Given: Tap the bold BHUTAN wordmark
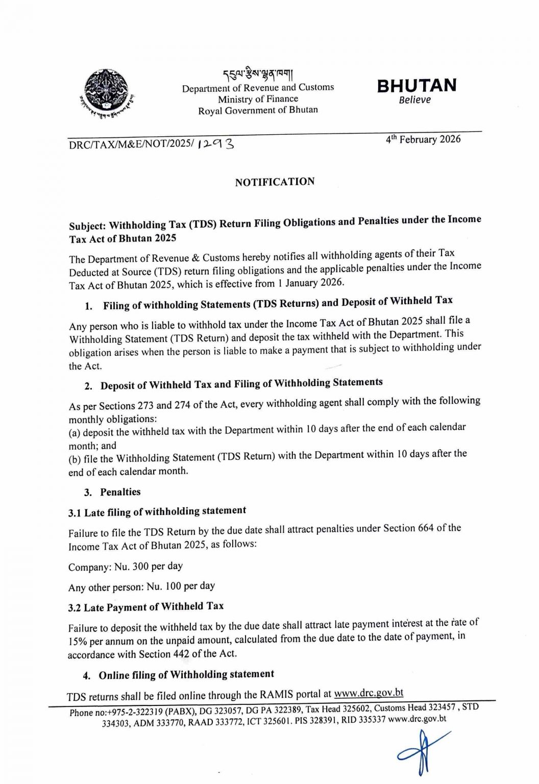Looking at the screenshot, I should pyautogui.click(x=416, y=85).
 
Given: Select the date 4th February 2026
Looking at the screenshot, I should pyautogui.click(x=423, y=140).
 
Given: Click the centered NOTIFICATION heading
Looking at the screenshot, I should pyautogui.click(x=275, y=182).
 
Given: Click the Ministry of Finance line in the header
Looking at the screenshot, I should pyautogui.click(x=258, y=99).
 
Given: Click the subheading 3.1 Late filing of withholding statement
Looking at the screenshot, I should pyautogui.click(x=157, y=511).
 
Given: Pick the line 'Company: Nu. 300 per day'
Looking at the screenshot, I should pyautogui.click(x=126, y=566).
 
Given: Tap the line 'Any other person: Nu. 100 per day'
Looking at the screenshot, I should pyautogui.click(x=141, y=586).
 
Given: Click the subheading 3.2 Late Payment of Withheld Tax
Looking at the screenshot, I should pyautogui.click(x=146, y=607).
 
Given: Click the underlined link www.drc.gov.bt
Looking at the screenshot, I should pyautogui.click(x=369, y=693).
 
